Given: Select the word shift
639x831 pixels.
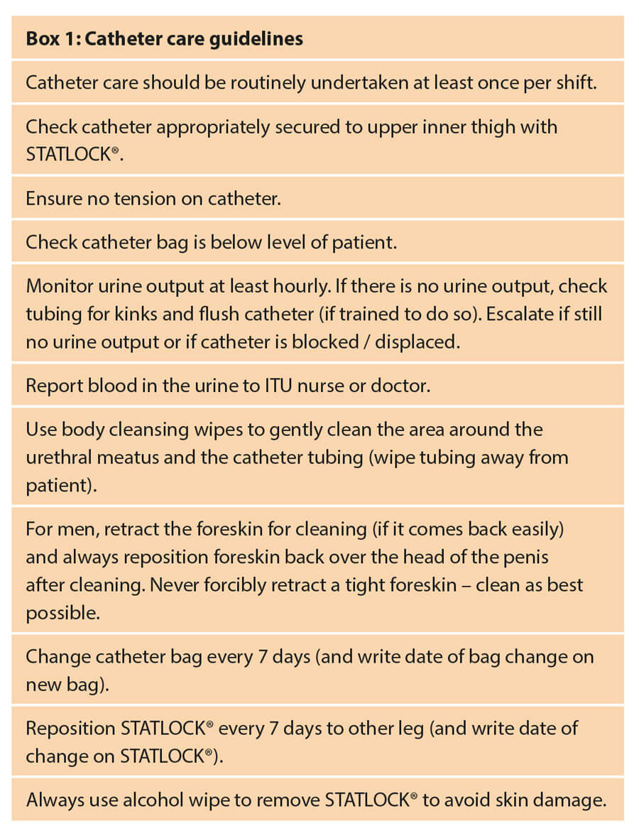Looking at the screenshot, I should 574,82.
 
